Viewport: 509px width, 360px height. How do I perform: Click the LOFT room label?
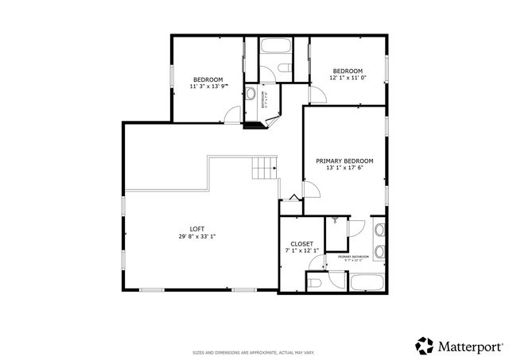(196, 229)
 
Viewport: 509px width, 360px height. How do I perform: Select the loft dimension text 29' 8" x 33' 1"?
(196, 236)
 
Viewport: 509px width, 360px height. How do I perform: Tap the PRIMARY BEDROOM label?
(344, 161)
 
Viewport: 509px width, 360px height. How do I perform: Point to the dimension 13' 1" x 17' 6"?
(344, 168)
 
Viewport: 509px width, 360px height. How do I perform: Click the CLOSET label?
(301, 244)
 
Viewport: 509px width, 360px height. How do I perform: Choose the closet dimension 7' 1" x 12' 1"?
(301, 251)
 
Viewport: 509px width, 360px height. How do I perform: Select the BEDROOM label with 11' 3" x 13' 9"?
(208, 79)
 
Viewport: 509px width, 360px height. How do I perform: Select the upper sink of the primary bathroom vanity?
(379, 231)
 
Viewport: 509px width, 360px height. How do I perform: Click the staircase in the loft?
(264, 168)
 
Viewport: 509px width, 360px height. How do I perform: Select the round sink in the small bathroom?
(251, 94)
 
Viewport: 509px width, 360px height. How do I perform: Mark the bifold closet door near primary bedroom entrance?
(293, 198)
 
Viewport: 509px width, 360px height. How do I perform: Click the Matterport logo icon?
(425, 345)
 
